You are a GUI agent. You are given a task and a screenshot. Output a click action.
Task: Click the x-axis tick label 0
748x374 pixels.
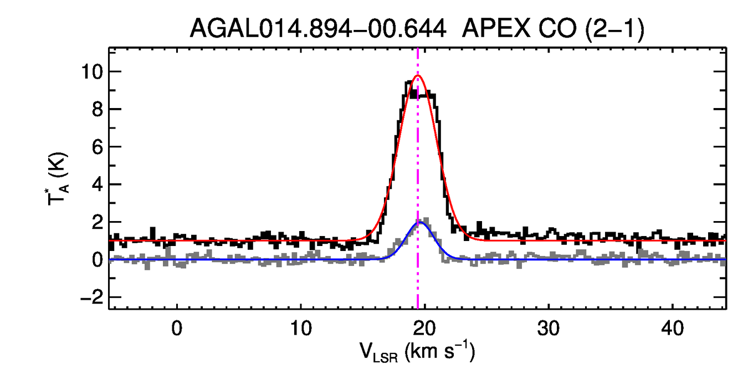pos(177,329)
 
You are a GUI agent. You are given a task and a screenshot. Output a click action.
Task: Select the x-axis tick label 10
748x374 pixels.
pos(300,329)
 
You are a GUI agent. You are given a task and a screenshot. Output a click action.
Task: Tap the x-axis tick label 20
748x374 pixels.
pos(424,329)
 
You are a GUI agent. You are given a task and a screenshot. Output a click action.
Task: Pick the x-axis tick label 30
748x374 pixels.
pos(548,329)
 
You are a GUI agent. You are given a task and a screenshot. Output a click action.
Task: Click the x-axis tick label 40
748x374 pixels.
pos(672,329)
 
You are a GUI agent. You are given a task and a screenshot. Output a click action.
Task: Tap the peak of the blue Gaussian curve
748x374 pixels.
pos(421,222)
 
